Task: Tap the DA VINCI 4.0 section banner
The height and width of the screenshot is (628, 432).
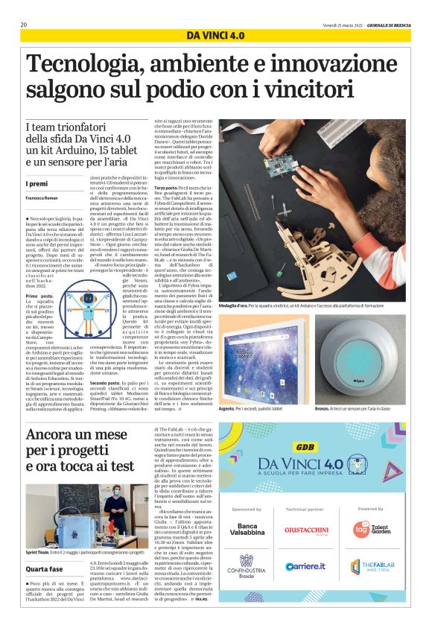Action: coord(215,36)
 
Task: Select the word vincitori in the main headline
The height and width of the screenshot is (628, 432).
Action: coord(325,90)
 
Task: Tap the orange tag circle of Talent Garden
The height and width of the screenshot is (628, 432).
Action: coord(360,529)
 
